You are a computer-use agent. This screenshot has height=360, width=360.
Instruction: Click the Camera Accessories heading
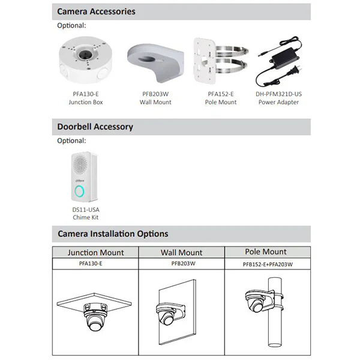[x=96, y=11]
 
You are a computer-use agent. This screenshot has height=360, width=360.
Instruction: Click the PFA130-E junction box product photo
[x=85, y=60]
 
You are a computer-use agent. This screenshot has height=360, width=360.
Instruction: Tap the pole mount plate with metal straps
[x=221, y=61]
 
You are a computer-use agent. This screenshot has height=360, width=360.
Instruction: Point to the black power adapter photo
[x=279, y=62]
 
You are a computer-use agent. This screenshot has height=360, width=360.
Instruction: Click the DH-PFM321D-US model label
[x=279, y=94]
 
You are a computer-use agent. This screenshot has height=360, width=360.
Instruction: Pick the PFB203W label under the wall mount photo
[x=155, y=94]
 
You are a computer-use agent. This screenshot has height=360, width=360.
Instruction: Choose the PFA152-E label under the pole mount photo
[x=221, y=94]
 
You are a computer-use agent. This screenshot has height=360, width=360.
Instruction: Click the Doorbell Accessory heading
[x=95, y=127]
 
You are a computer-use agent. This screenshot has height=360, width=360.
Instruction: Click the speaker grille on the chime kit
[x=80, y=165]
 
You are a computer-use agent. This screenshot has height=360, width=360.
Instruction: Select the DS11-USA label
[x=86, y=209]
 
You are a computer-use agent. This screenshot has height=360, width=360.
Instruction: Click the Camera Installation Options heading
[x=113, y=234]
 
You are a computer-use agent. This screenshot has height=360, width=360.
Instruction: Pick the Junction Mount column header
[x=95, y=253]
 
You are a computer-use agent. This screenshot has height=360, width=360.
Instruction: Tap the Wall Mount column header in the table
[x=181, y=253]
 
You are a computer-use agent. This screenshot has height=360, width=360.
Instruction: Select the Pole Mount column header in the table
[x=266, y=251]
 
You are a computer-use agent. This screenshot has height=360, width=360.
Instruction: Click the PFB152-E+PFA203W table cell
[x=268, y=264]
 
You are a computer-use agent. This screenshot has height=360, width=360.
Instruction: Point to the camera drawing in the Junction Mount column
[x=95, y=317]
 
